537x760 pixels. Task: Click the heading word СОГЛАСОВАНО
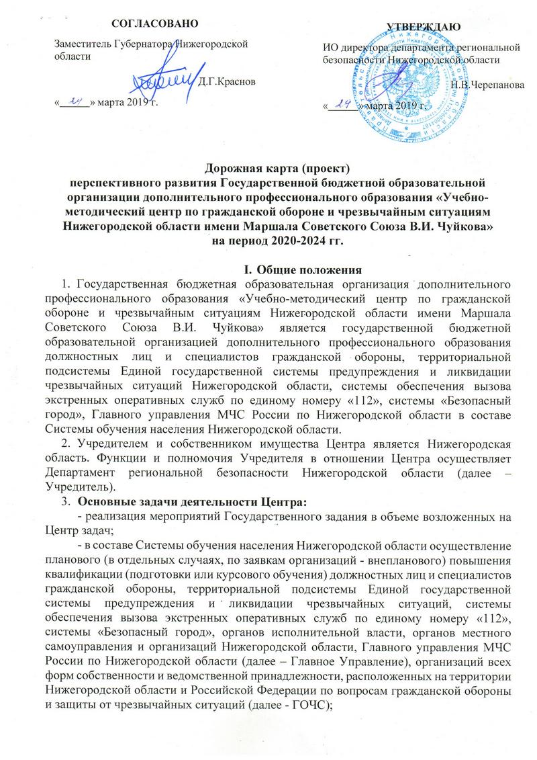pyautogui.click(x=155, y=24)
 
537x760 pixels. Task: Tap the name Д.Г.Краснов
pyautogui.click(x=228, y=82)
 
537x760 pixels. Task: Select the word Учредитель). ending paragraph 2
pyautogui.click(x=81, y=470)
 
